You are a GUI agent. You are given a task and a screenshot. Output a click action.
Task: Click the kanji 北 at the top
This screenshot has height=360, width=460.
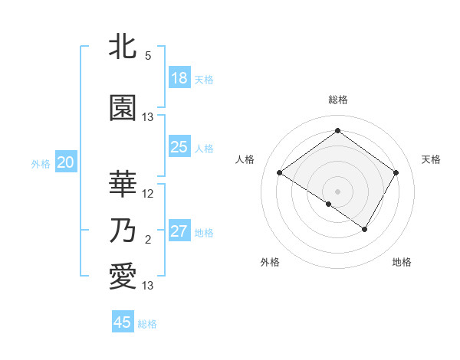[123, 47]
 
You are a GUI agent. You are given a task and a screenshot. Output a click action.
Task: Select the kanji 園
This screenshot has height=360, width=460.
[123, 108]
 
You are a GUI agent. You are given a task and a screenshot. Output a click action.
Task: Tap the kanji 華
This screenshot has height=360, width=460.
[123, 183]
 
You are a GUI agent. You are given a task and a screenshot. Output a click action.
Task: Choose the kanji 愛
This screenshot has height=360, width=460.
[123, 277]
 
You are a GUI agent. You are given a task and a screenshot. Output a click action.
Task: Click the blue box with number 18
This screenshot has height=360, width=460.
[179, 78]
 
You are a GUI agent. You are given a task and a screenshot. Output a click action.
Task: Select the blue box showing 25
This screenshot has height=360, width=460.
[179, 147]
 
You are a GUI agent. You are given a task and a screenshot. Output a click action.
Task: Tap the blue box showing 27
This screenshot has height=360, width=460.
[179, 231]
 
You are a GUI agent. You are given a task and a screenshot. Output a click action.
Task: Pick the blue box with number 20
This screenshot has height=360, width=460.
[66, 162]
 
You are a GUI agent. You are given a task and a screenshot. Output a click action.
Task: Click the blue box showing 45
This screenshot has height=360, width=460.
[123, 322]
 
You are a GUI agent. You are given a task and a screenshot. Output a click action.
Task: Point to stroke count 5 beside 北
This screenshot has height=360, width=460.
[148, 56]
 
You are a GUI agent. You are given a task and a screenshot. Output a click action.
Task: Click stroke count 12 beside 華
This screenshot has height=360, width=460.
[148, 194]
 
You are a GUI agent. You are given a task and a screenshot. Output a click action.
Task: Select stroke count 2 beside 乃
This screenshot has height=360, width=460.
[148, 241]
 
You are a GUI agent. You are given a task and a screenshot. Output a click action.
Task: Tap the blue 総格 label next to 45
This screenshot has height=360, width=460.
[147, 324]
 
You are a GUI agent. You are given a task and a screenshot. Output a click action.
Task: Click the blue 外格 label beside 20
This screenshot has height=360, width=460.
[41, 163]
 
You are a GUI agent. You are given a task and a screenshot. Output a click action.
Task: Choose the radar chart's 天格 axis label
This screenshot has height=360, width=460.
[432, 159]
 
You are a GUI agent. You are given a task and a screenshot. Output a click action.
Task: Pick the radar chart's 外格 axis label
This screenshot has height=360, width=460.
[270, 262]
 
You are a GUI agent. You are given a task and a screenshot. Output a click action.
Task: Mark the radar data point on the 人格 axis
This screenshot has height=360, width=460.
[280, 173]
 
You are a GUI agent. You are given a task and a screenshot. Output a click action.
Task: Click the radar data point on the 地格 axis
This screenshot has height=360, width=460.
[365, 229]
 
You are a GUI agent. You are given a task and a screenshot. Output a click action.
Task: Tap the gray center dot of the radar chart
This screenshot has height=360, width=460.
[337, 191]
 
